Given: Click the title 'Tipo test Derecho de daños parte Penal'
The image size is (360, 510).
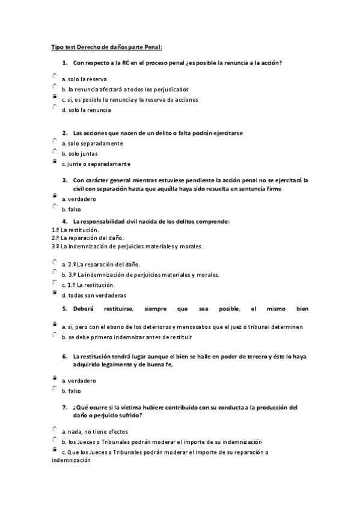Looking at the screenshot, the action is click(106, 46).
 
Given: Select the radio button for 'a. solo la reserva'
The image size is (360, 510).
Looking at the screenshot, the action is click(55, 76).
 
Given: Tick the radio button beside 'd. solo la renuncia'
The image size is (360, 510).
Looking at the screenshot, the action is click(55, 108).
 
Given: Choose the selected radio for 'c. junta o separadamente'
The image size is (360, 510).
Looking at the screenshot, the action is click(55, 161).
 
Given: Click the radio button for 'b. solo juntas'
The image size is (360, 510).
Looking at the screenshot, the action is click(55, 151).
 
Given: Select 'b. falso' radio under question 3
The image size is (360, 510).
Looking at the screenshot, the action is click(55, 206).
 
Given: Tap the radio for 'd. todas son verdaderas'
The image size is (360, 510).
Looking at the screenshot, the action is click(55, 293).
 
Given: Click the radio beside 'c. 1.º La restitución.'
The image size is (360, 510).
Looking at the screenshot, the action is click(55, 283).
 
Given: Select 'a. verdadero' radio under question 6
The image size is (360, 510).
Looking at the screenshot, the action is click(55, 378).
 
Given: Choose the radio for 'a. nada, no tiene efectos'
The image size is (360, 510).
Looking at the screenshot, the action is click(55, 429).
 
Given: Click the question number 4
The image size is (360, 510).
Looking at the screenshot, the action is click(64, 221).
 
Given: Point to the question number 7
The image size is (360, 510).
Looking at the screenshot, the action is click(64, 407).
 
